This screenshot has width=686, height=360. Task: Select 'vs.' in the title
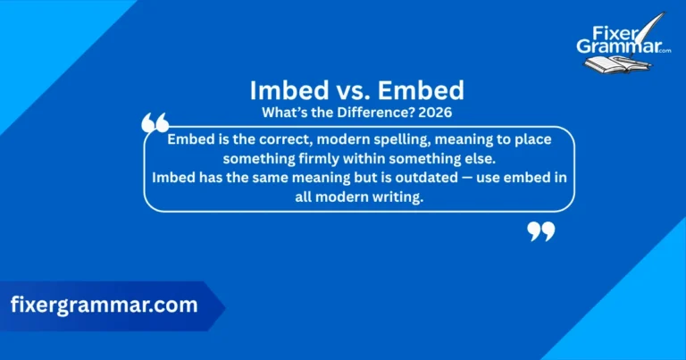point(341,90)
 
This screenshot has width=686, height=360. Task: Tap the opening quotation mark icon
point(155,124)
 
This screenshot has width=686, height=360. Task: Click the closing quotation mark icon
point(540,232)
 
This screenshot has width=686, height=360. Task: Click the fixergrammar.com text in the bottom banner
point(104,305)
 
